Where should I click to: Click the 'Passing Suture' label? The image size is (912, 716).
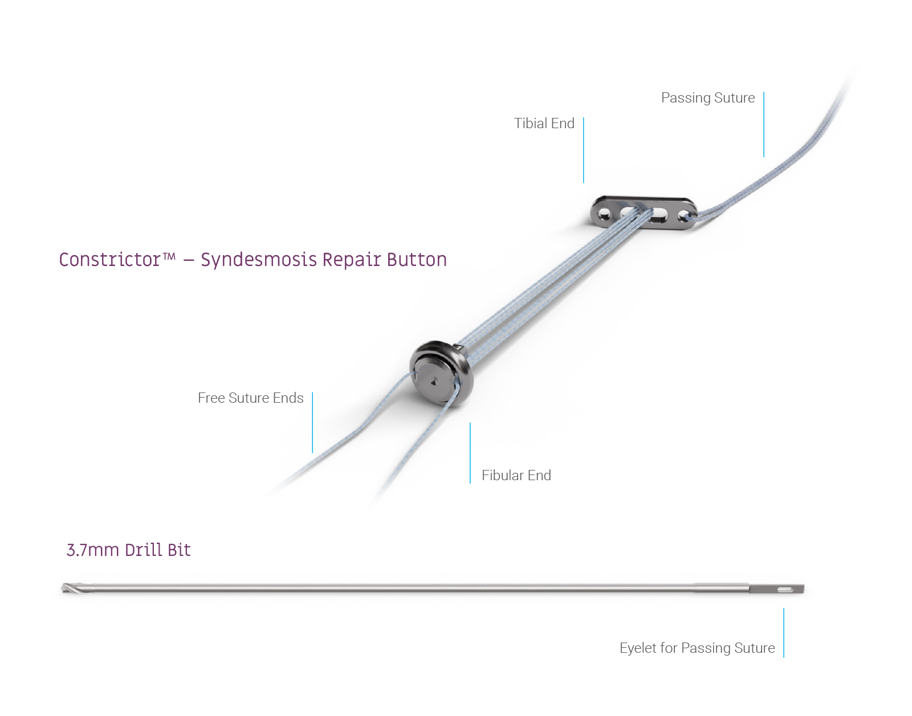707,97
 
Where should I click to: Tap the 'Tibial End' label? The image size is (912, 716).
544,123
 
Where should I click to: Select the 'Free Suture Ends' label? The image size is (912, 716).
251,398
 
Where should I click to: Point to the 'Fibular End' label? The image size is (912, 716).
516,476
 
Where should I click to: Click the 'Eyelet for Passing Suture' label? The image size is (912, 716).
697,648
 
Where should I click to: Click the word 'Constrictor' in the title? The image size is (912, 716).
109,260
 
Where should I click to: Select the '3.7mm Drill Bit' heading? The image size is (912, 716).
128,550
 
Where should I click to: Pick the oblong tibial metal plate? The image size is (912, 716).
644,212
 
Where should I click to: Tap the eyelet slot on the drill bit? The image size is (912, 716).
785,590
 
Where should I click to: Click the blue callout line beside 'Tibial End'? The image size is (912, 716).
583,150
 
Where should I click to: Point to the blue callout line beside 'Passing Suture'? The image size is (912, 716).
764,125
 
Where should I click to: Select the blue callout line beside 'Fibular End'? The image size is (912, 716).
470,453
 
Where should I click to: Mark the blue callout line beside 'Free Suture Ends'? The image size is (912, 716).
313,423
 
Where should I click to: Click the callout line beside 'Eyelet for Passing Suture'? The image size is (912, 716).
784,633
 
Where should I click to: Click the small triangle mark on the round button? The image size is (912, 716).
434,382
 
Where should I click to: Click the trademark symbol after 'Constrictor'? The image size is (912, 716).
169,256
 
